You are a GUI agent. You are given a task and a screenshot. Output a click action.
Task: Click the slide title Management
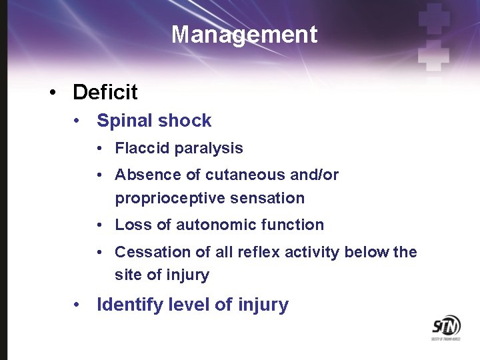244,34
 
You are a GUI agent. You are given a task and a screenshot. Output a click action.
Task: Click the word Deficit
105,92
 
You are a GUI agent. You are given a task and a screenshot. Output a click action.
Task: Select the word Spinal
121,121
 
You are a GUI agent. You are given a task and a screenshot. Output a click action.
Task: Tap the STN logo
446,326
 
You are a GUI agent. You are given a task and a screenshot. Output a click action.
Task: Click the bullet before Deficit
53,93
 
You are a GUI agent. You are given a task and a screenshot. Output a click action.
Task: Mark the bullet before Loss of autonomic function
99,225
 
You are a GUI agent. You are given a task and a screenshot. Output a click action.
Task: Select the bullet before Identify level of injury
78,305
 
